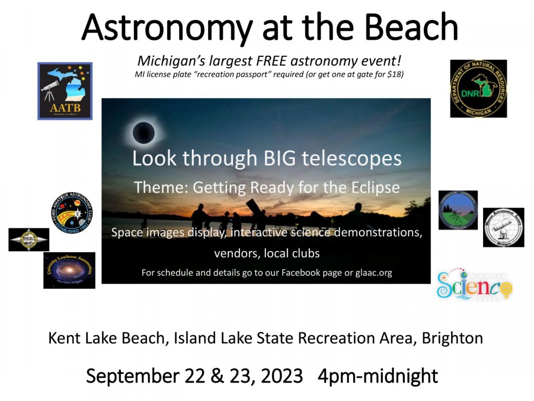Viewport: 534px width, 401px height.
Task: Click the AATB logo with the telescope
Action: tap(65, 91)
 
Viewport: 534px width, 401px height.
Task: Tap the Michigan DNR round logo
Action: tap(478, 88)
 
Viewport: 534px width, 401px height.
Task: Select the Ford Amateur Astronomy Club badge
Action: tap(72, 213)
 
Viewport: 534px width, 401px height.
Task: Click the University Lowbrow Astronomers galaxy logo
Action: tap(69, 270)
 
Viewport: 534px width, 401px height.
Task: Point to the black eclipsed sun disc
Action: tap(144, 132)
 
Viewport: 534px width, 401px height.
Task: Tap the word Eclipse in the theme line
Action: tap(377, 187)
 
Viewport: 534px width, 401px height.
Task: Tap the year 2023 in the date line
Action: tap(282, 376)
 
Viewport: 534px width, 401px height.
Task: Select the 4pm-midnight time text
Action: tap(379, 376)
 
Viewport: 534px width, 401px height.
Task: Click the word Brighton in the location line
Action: tap(452, 338)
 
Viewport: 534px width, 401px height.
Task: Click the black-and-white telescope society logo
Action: tap(503, 227)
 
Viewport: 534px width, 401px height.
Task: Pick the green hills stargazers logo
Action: tap(458, 210)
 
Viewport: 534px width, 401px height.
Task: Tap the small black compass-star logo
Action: tap(29, 240)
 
